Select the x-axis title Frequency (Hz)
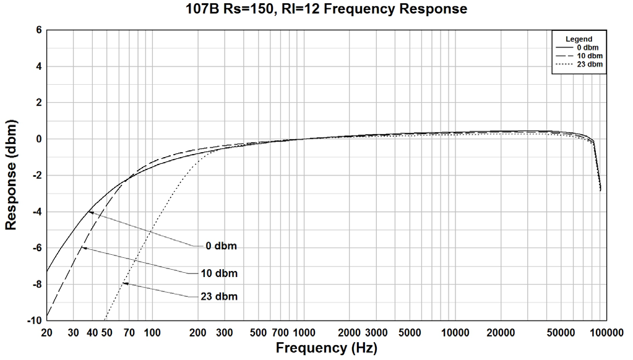click(x=326, y=348)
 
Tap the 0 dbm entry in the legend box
click(x=585, y=47)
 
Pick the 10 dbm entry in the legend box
click(x=585, y=55)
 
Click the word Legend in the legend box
click(x=579, y=39)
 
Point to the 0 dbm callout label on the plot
click(x=221, y=246)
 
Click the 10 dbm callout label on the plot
click(x=219, y=273)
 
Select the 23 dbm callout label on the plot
click(x=219, y=296)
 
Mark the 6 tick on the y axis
click(x=38, y=30)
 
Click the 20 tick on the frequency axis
click(x=47, y=332)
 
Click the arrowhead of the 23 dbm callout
click(x=124, y=283)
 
